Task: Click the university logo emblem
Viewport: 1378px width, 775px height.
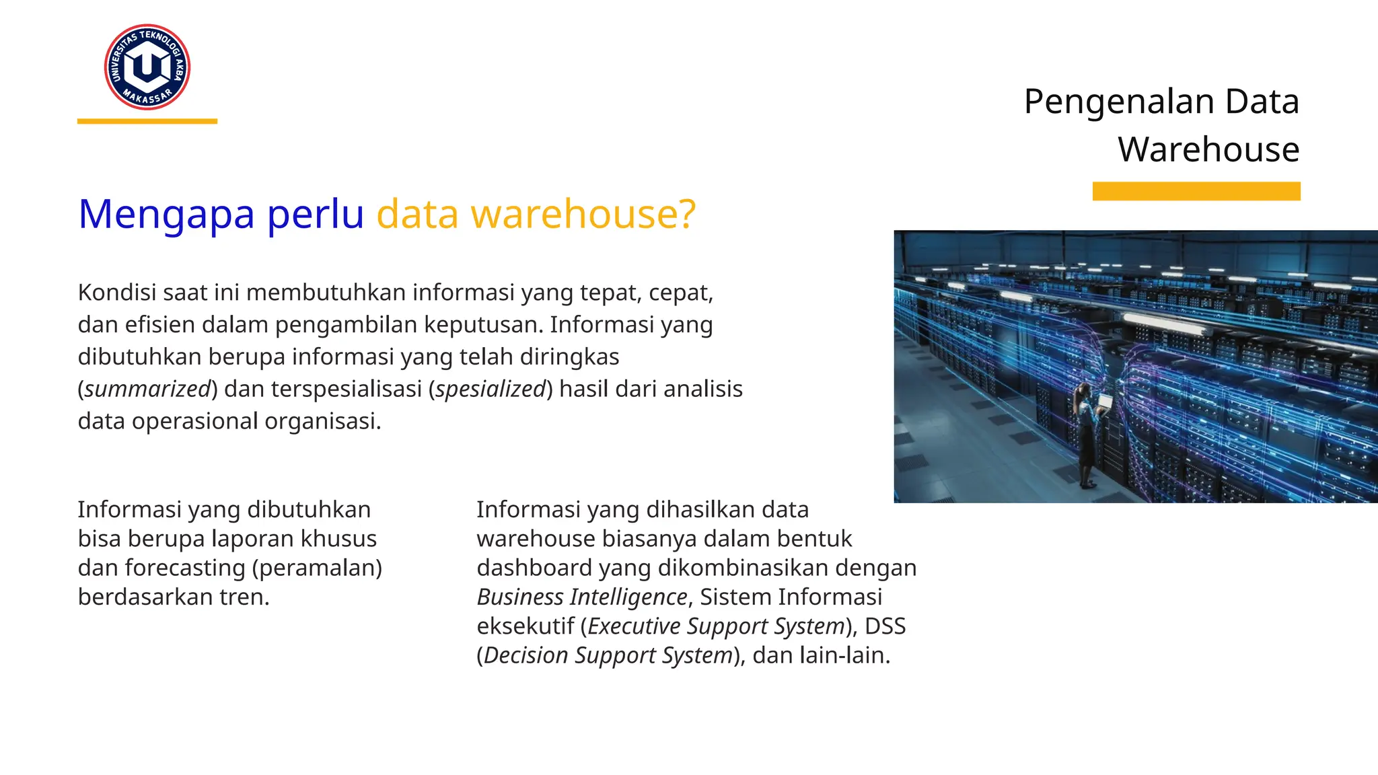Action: (x=147, y=67)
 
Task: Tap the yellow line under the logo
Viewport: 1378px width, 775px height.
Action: (x=147, y=122)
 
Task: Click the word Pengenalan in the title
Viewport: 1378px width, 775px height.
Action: (x=1118, y=102)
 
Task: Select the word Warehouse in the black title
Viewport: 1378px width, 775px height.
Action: (x=1208, y=149)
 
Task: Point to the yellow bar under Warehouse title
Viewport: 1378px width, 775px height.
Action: (x=1196, y=191)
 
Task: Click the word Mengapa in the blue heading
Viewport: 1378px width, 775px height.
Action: (x=166, y=214)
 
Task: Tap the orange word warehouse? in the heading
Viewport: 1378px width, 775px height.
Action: (x=583, y=214)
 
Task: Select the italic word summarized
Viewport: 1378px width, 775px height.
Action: (x=148, y=389)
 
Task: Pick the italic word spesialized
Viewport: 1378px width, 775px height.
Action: (x=490, y=389)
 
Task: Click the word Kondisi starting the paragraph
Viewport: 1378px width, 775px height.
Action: (x=116, y=293)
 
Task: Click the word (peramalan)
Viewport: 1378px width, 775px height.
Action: (x=317, y=568)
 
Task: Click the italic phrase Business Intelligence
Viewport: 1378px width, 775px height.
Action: (x=582, y=597)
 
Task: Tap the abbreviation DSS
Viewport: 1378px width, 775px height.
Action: (x=885, y=626)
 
